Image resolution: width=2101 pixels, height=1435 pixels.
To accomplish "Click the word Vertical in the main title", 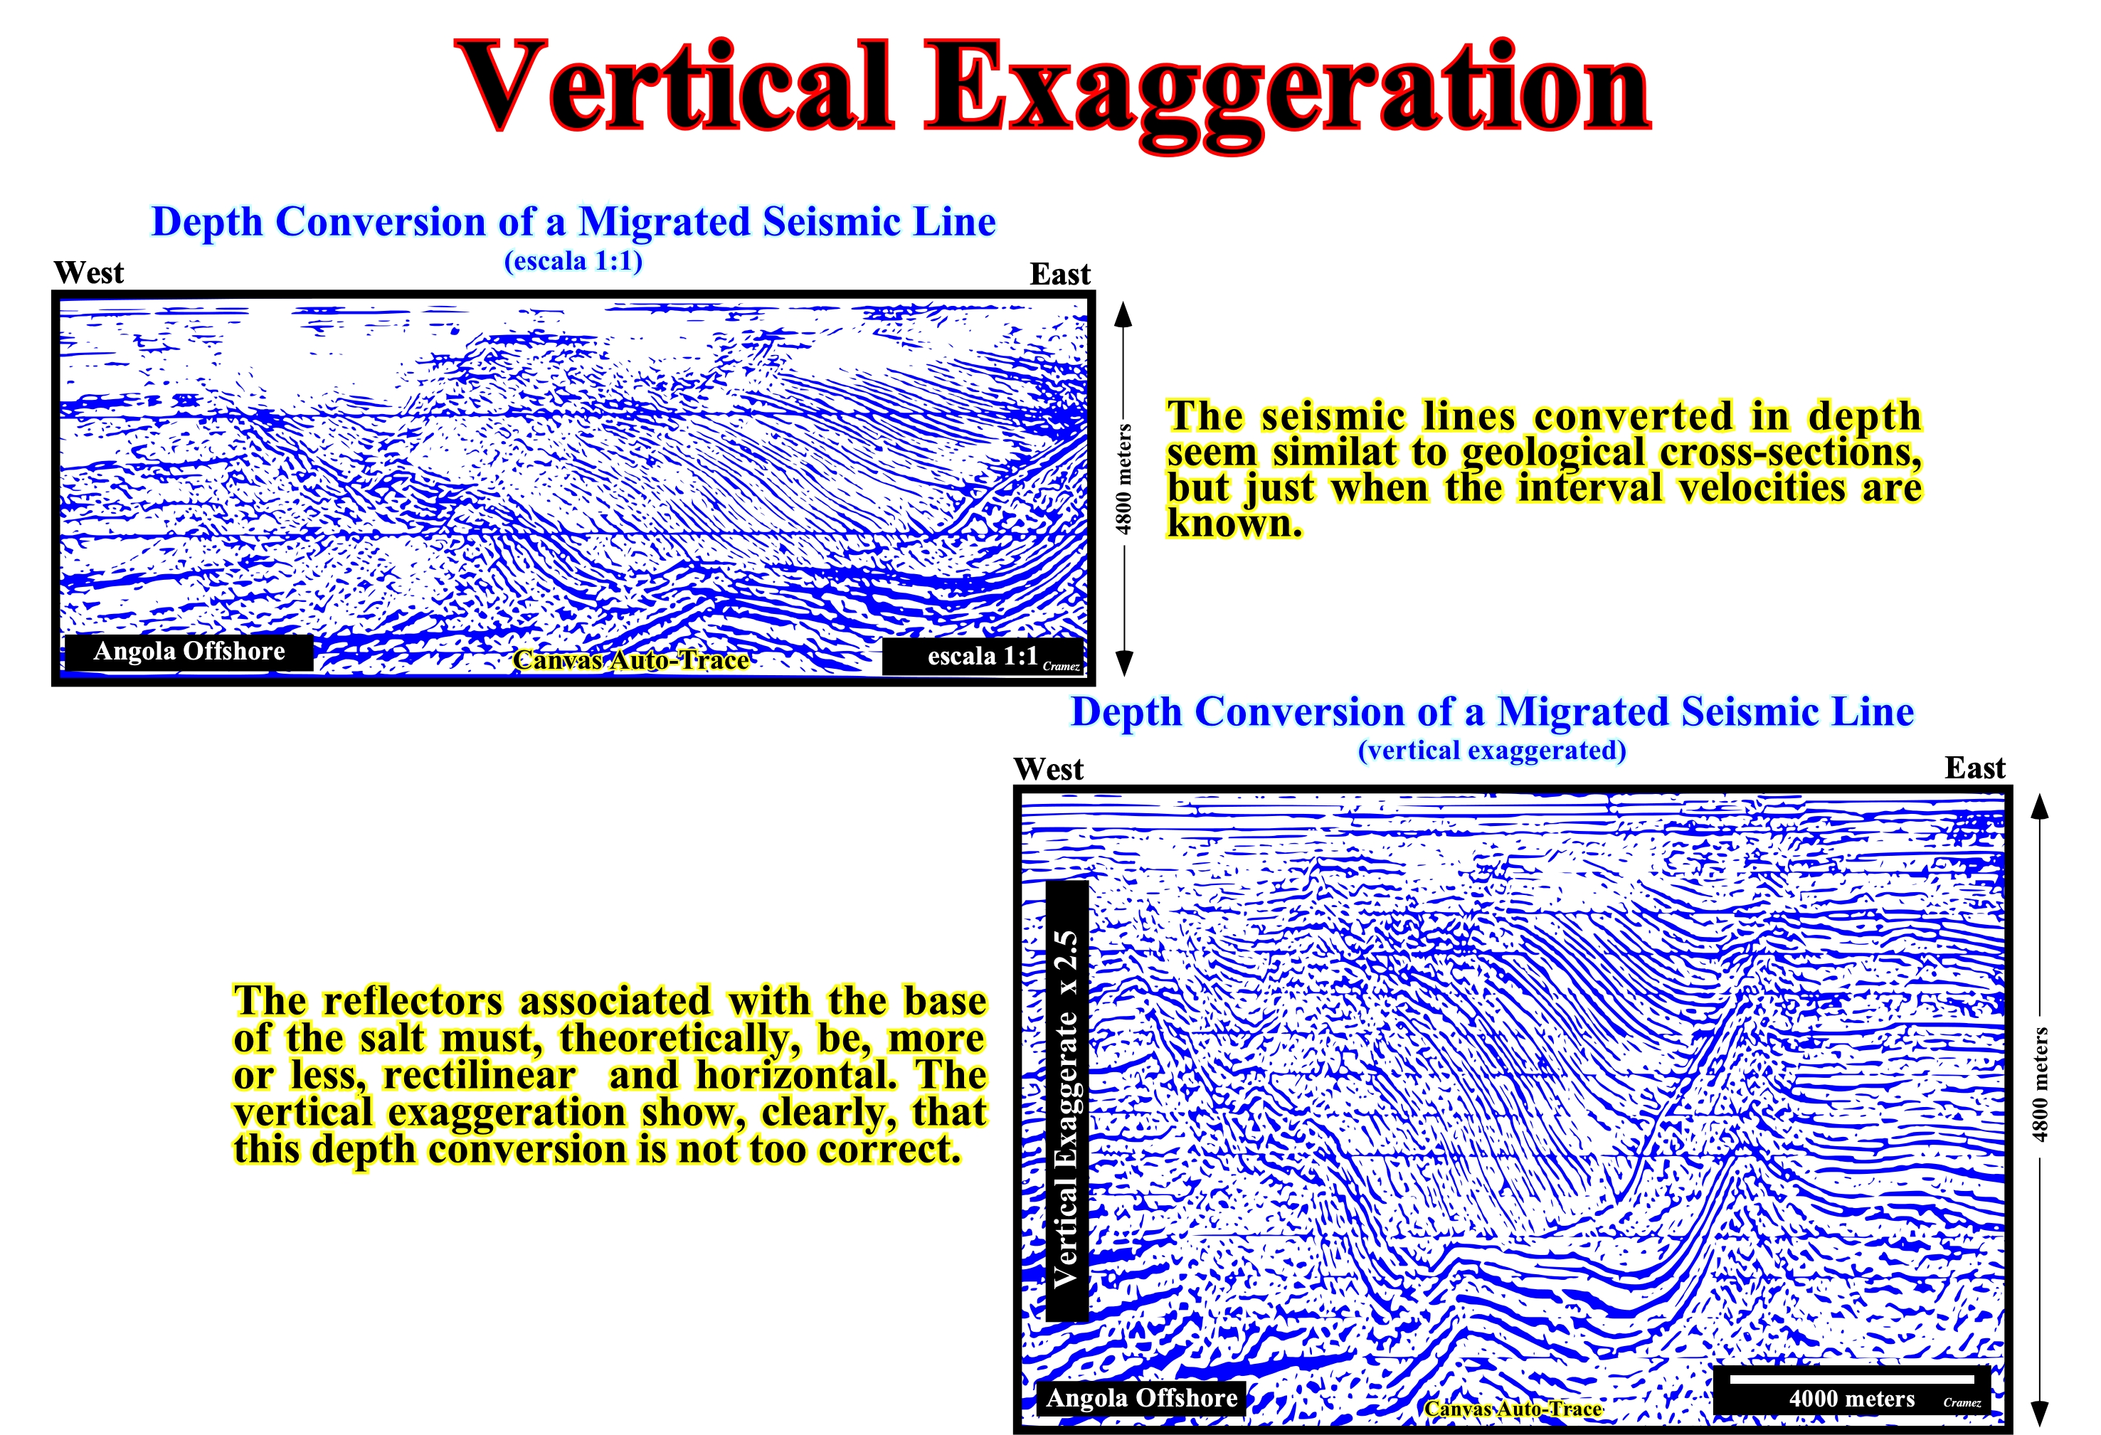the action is tap(676, 88).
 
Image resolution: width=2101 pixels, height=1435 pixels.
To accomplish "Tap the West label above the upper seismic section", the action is tap(89, 272).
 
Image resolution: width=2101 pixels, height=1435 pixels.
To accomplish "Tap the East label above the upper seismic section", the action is tap(1059, 273).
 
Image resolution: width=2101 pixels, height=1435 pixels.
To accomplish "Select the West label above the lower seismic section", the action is tap(1049, 768).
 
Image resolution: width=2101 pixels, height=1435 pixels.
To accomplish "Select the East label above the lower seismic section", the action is tap(1975, 768).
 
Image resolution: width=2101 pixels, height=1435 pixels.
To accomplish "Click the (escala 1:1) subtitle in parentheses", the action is tap(573, 261).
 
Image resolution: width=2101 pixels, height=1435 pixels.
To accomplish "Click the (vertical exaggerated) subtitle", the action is tap(1492, 751).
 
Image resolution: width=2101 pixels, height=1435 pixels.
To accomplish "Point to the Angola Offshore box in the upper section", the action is tap(189, 652).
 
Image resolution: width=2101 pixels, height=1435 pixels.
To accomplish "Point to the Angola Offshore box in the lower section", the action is tap(1141, 1398).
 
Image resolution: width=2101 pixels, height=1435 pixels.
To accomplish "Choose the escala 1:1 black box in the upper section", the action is tap(983, 657).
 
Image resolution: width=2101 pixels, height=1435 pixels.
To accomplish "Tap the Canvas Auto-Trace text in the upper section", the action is tap(631, 660).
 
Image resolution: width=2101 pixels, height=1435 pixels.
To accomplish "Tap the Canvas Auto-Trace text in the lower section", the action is tap(1513, 1409).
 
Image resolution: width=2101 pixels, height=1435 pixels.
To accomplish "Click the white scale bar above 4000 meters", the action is tap(1851, 1379).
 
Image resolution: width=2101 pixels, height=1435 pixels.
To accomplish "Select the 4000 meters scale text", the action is tap(1851, 1399).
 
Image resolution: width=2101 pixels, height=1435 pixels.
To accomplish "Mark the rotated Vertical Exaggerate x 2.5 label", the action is tap(1067, 1101).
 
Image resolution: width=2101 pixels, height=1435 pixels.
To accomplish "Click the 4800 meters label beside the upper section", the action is tap(1123, 480).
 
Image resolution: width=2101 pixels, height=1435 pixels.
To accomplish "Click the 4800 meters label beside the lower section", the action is tap(2040, 1084).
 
